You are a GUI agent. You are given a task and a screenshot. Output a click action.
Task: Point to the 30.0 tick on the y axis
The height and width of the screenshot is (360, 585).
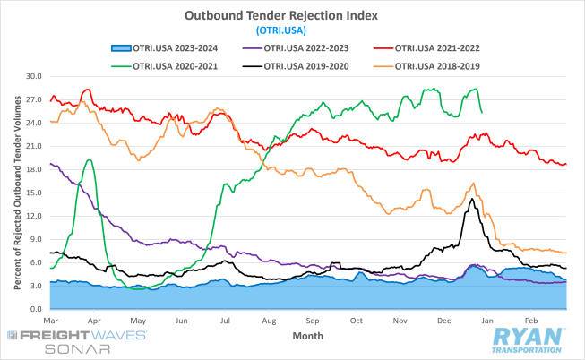(34, 76)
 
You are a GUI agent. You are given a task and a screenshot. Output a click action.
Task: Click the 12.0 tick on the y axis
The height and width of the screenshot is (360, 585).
(34, 216)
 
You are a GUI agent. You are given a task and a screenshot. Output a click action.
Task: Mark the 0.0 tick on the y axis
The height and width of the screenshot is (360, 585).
(36, 309)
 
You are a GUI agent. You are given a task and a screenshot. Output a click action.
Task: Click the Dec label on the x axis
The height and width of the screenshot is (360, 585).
(444, 320)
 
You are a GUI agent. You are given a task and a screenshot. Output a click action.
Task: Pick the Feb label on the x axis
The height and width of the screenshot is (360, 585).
(530, 320)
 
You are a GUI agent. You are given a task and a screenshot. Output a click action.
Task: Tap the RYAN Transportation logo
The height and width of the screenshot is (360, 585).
(528, 341)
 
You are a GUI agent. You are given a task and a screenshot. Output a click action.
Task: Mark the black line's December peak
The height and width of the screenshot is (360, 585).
(472, 199)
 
